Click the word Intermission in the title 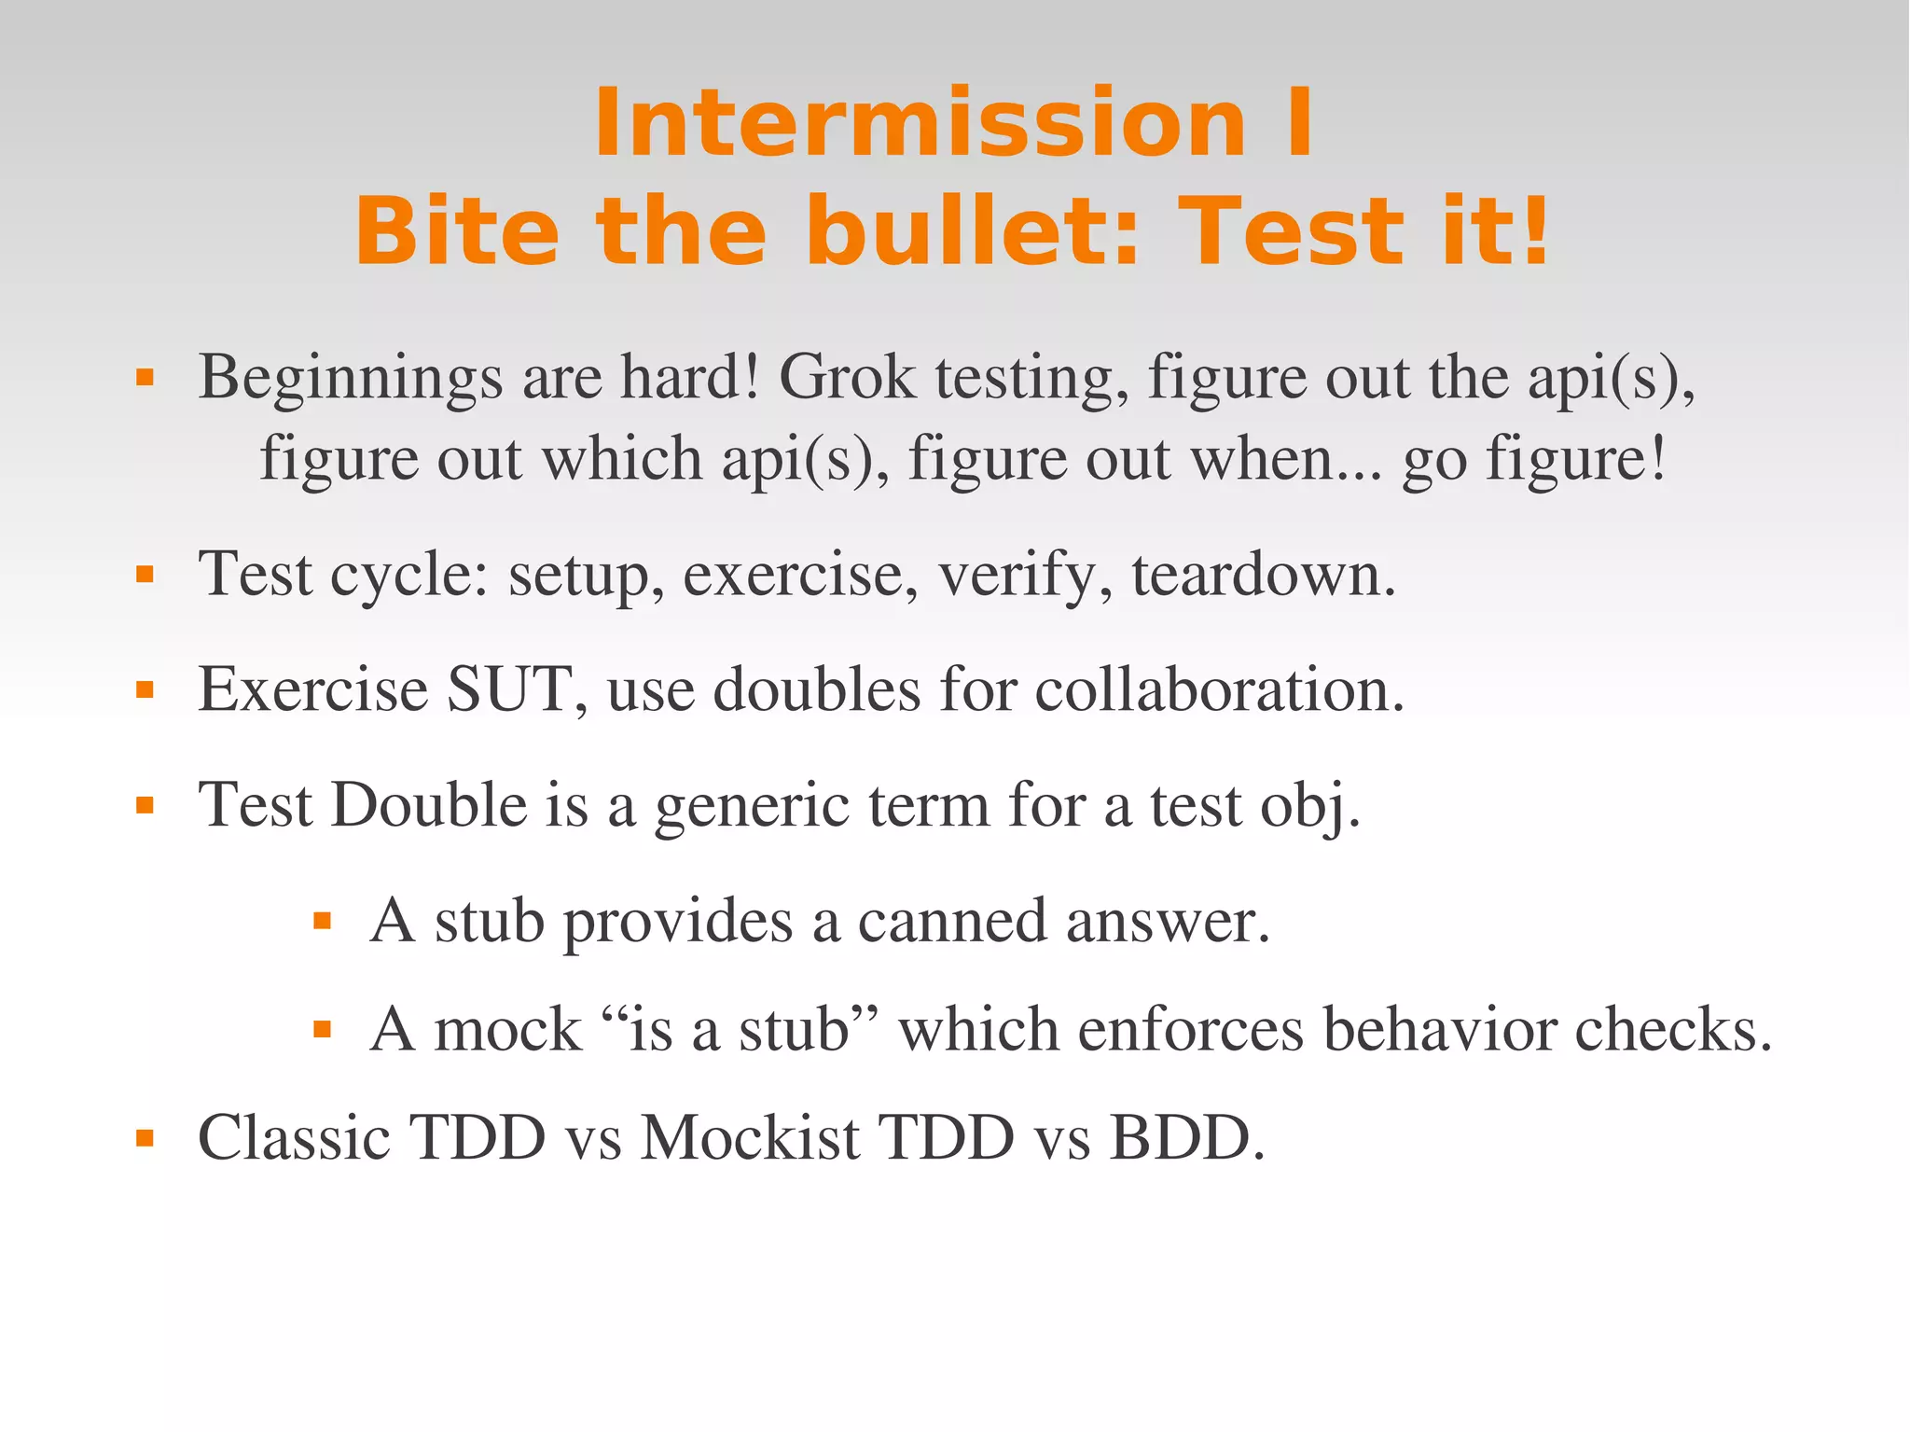point(920,124)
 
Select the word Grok point(847,378)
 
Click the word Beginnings point(351,380)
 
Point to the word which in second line point(622,459)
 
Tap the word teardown point(1264,575)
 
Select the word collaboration point(1219,689)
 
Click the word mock point(507,1030)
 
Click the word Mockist point(751,1138)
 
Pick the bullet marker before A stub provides point(323,922)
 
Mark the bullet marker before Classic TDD point(145,1138)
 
